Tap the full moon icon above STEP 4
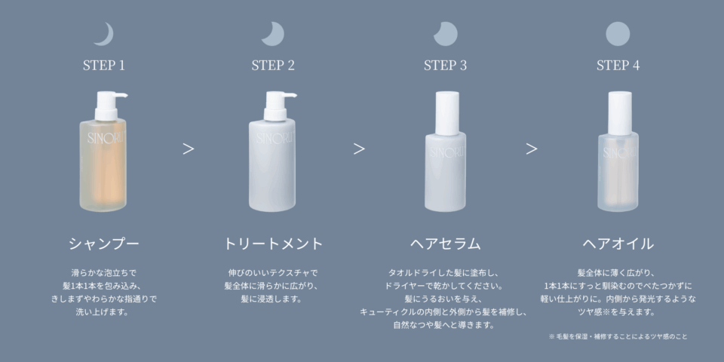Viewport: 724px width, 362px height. (x=618, y=34)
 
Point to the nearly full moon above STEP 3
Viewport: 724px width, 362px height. (x=446, y=34)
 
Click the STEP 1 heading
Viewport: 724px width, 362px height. (x=104, y=66)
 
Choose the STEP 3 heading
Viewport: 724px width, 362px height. (x=445, y=66)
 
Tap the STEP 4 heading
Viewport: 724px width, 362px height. (x=618, y=66)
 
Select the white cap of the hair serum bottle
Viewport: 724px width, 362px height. (x=447, y=113)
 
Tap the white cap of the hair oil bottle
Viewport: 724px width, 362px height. (x=620, y=113)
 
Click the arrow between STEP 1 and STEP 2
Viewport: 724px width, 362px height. (x=188, y=149)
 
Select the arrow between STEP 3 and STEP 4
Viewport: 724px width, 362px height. (x=532, y=149)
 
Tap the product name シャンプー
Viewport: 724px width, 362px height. (x=104, y=244)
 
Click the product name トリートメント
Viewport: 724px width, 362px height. (x=273, y=244)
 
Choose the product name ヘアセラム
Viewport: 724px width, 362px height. (x=446, y=244)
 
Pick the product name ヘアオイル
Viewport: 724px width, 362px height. (x=618, y=244)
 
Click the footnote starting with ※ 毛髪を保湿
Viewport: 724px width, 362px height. (x=618, y=336)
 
